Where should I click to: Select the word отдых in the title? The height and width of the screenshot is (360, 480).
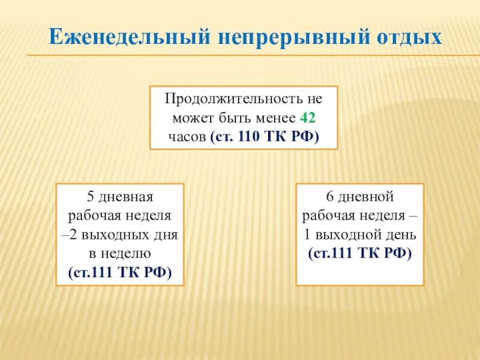(x=401, y=37)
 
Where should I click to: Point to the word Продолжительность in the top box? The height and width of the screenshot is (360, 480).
(x=230, y=98)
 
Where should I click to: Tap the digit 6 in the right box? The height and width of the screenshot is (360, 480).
(x=329, y=196)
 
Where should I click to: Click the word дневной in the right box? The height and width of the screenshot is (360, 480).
(x=367, y=196)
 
